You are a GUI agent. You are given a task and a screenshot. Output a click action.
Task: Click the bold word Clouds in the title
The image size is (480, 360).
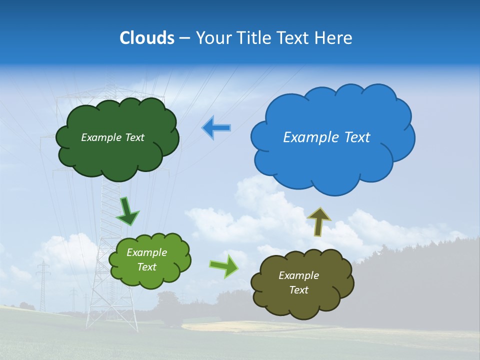(147, 37)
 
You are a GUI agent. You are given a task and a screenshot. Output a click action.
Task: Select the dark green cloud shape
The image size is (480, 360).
(117, 155)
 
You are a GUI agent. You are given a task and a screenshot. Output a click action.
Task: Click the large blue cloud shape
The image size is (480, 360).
(332, 160)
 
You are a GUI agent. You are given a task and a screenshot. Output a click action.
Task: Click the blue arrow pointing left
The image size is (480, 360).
(216, 128)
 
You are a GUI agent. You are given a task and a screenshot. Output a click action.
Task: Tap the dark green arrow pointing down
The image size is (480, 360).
(127, 211)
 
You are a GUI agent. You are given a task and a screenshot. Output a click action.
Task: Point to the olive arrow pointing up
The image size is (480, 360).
(319, 221)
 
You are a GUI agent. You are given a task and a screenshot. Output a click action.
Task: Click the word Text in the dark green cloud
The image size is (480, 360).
(134, 137)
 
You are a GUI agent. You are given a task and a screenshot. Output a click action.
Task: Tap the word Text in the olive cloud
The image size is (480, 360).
(298, 290)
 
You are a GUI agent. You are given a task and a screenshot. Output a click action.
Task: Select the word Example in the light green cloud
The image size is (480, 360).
(146, 252)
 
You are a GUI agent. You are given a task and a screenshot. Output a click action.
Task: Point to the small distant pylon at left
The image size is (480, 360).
(43, 285)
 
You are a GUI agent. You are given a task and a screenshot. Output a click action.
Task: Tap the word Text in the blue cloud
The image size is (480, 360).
(356, 137)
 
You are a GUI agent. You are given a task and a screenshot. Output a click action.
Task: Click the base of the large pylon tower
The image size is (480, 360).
(112, 320)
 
